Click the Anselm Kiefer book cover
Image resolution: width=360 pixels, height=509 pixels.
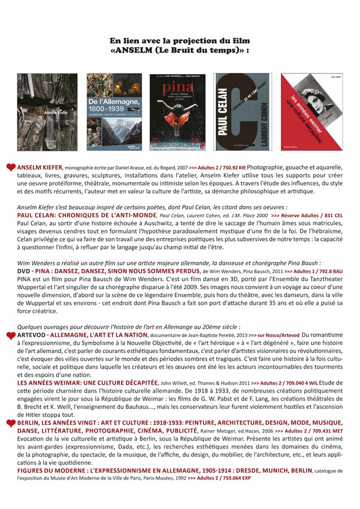click(x=47, y=112)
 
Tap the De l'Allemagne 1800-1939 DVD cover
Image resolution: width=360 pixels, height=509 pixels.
click(x=114, y=112)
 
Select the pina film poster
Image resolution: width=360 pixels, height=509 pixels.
click(x=177, y=112)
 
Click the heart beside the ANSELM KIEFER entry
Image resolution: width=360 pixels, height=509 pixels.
click(x=11, y=168)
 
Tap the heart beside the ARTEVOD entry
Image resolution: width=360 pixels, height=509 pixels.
click(x=11, y=336)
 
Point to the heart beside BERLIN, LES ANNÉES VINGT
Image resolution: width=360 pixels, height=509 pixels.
click(x=11, y=423)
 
